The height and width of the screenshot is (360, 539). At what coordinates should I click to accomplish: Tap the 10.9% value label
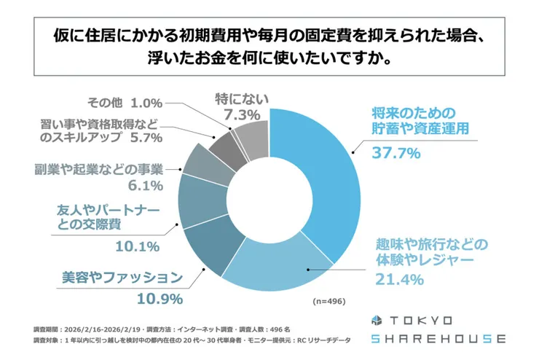click(x=160, y=298)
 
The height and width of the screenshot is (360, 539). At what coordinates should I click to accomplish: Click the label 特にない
click(x=235, y=98)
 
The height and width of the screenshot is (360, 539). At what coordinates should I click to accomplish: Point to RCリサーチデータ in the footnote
click(x=326, y=340)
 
